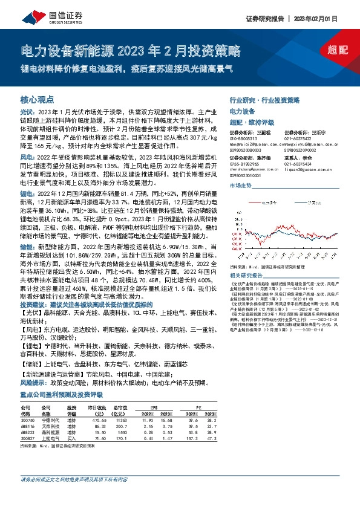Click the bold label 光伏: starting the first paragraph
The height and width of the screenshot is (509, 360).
[x=27, y=112]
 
